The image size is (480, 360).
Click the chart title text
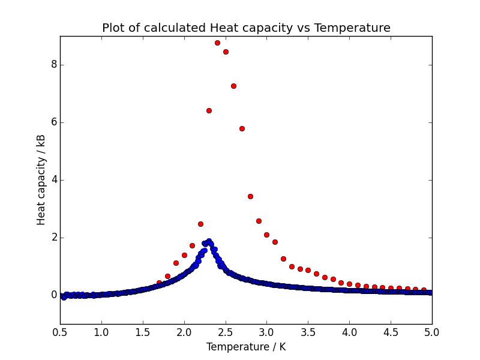(x=246, y=28)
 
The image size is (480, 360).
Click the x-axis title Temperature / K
(x=246, y=347)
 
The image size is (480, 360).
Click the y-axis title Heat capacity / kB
(x=41, y=180)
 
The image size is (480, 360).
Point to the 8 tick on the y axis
(x=53, y=65)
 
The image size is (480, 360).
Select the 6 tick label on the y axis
(x=53, y=122)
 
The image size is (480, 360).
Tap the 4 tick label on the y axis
(x=53, y=180)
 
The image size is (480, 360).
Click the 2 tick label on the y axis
(x=53, y=238)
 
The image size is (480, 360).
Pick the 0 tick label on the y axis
(x=53, y=295)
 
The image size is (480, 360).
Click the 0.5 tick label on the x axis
(x=60, y=332)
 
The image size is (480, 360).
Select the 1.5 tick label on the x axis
(x=143, y=332)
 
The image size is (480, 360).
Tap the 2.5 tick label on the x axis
(x=226, y=332)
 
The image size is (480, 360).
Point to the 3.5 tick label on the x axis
(x=308, y=332)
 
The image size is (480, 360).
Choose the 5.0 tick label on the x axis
(x=432, y=332)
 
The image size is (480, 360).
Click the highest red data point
(x=217, y=43)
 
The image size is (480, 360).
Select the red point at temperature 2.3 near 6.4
(x=209, y=110)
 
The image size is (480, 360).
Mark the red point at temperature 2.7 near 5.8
(x=242, y=128)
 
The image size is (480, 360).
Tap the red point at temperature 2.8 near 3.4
(x=250, y=196)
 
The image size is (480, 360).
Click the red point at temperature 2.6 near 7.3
(x=233, y=86)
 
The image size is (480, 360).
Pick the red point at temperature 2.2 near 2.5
(x=200, y=224)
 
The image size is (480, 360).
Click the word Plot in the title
(x=113, y=28)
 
